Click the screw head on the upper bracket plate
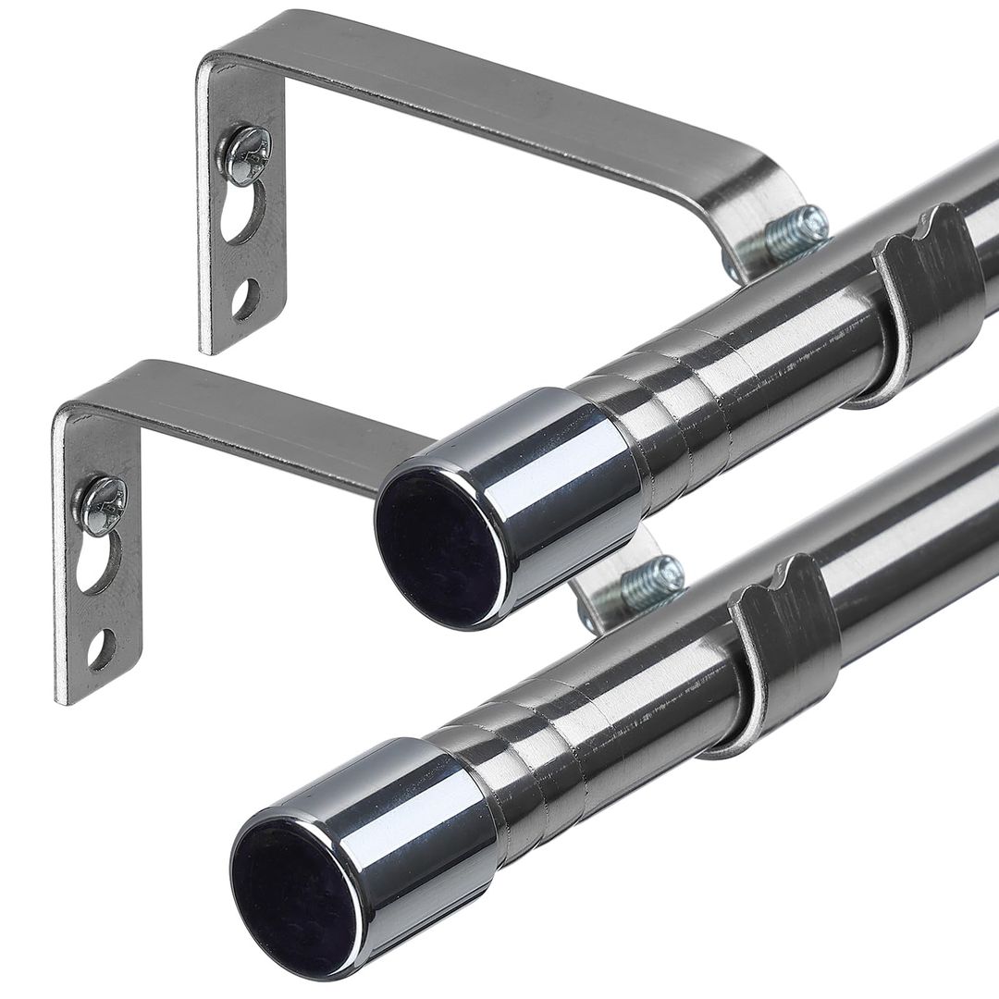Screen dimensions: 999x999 point(247,154)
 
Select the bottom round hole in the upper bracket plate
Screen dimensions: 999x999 point(244,298)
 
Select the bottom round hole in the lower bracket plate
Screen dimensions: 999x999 point(101,648)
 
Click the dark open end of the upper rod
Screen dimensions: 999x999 point(440,547)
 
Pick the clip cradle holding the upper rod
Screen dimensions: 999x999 point(925,296)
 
